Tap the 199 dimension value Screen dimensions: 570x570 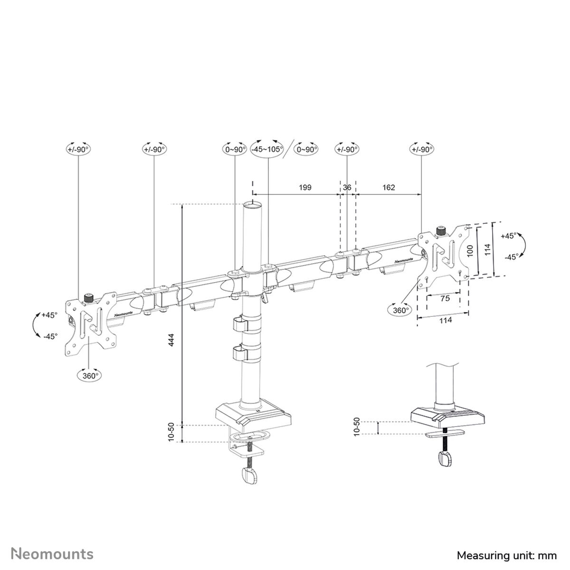(305, 188)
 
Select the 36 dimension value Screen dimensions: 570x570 (347, 188)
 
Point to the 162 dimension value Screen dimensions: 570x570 (389, 188)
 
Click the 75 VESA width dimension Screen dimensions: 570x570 (445, 298)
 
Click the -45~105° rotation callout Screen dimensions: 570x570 (267, 149)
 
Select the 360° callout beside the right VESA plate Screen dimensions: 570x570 (400, 310)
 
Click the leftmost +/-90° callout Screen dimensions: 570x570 (78, 149)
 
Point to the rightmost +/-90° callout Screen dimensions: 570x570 (422, 149)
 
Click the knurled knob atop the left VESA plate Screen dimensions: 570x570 (88, 298)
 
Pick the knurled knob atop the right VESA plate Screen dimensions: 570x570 (440, 232)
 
